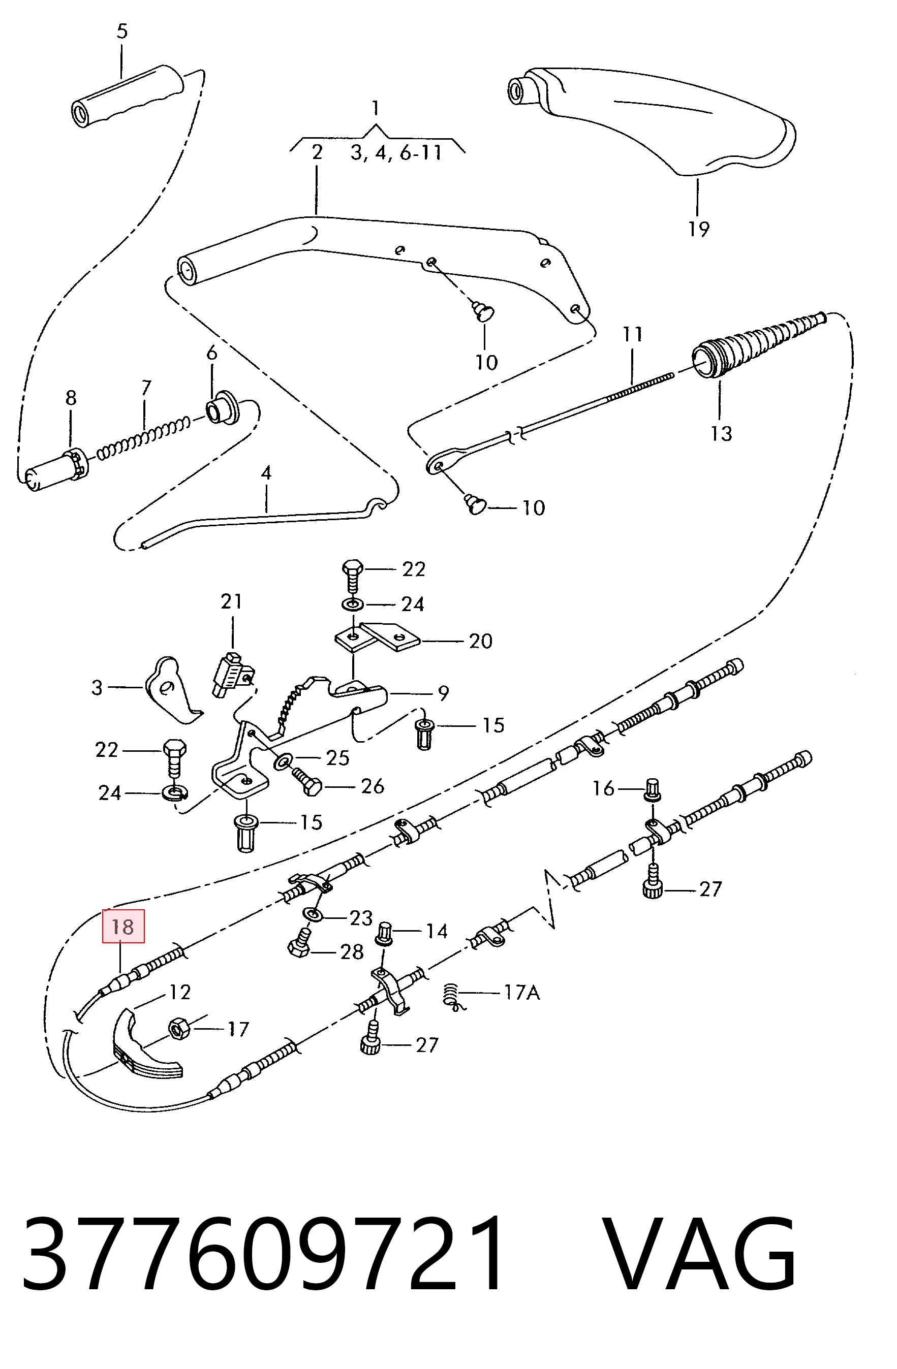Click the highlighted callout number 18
click(122, 927)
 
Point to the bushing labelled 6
click(223, 408)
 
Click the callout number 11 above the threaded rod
click(632, 334)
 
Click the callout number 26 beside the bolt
click(372, 786)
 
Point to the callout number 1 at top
click(375, 108)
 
